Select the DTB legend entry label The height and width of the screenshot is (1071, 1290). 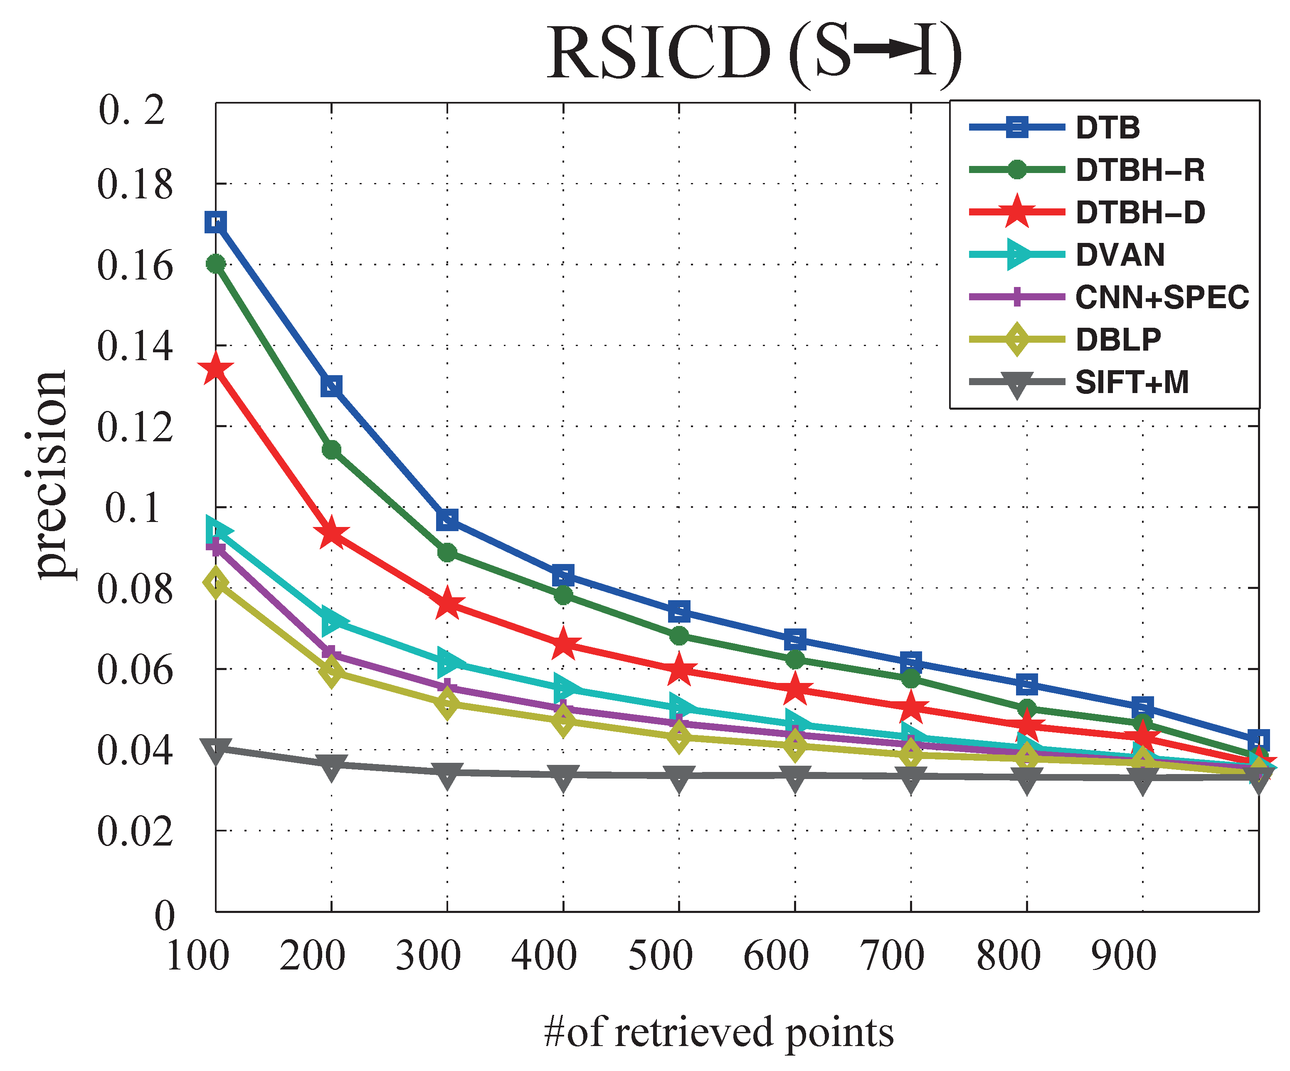[x=1107, y=128]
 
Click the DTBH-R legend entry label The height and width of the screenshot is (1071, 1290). [x=1140, y=170]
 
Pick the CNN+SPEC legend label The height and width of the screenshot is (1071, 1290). [x=1162, y=297]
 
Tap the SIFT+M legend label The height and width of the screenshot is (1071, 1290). [x=1132, y=382]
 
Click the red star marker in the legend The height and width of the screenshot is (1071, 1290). [x=1016, y=212]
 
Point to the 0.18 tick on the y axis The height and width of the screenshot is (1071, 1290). [x=135, y=184]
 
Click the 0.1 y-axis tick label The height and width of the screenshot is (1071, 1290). [x=132, y=508]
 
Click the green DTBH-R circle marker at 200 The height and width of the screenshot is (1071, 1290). [x=331, y=450]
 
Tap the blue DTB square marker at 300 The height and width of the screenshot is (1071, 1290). [x=447, y=520]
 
